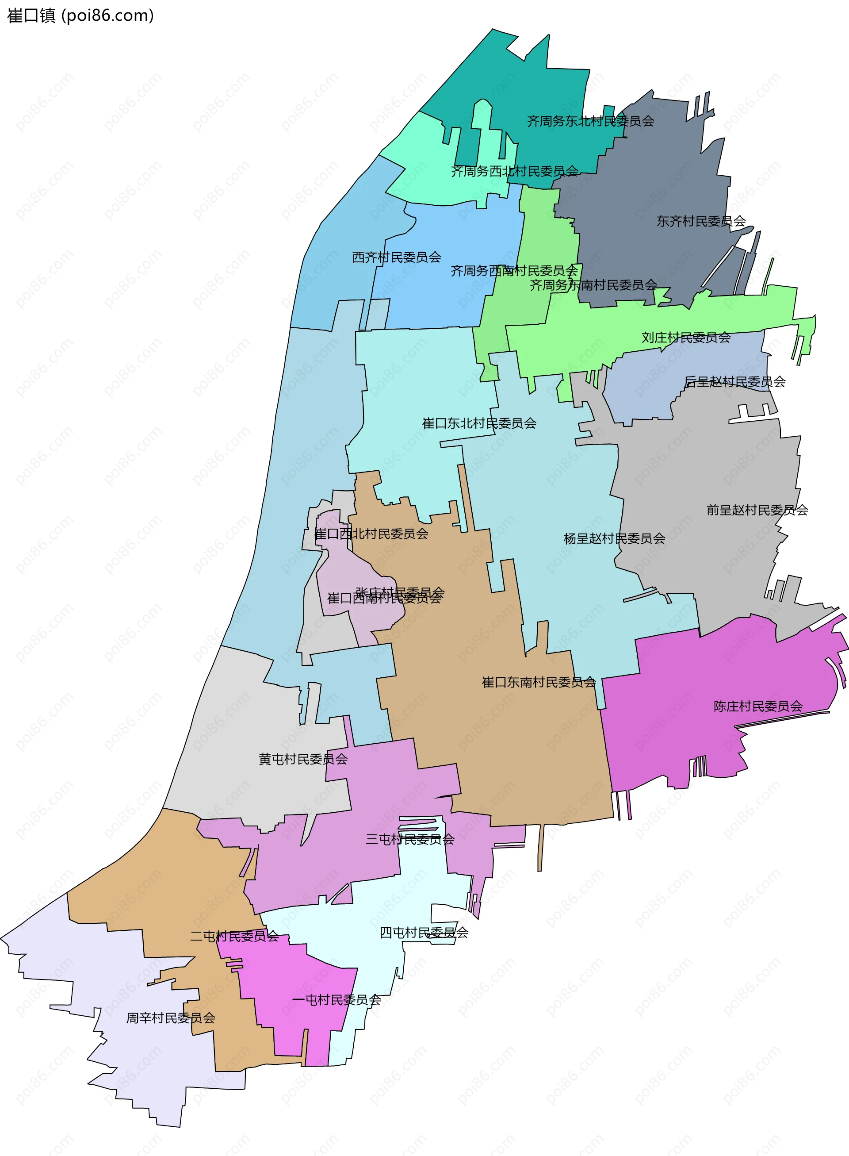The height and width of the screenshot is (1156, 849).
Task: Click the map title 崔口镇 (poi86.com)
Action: tap(80, 15)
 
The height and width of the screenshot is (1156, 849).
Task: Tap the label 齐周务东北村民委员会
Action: tap(590, 121)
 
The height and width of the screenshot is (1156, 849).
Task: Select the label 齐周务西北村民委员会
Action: tap(514, 171)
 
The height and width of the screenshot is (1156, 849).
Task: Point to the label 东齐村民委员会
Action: tap(701, 222)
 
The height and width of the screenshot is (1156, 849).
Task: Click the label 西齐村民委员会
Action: tap(396, 257)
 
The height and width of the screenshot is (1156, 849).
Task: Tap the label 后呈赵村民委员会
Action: tap(734, 381)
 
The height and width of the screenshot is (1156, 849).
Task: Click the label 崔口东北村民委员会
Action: tap(479, 423)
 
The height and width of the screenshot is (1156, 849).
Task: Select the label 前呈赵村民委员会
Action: tap(757, 510)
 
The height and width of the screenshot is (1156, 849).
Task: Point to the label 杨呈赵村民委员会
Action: tap(614, 538)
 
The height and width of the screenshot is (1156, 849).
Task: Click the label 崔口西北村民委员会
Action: tap(371, 534)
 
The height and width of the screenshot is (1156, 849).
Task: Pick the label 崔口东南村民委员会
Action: tap(539, 682)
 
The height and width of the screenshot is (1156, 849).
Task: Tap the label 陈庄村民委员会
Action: tap(757, 707)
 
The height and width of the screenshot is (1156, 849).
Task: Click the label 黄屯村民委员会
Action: tap(303, 759)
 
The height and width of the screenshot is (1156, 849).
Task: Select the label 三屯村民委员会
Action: tap(409, 840)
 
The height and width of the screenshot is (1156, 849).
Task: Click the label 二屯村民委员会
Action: tap(234, 937)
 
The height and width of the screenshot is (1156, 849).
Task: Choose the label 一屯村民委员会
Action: tap(336, 1000)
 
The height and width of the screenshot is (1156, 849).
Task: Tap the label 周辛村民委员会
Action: tap(171, 1018)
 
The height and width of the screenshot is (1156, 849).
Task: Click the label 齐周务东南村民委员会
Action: tap(593, 285)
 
